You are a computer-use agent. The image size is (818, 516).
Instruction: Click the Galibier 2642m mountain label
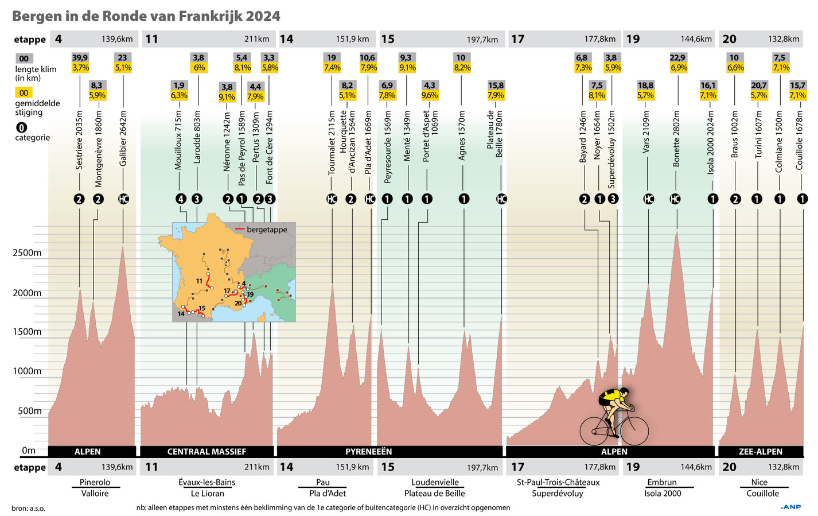click(123, 138)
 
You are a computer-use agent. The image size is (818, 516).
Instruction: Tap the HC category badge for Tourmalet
click(332, 199)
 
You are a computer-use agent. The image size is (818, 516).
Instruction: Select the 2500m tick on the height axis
click(27, 253)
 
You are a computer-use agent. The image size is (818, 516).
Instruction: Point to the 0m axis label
click(29, 451)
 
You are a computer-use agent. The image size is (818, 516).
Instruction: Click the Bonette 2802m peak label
click(676, 138)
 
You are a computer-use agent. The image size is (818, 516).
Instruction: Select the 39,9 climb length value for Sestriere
click(80, 57)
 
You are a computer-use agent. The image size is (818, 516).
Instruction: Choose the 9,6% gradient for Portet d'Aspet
click(430, 96)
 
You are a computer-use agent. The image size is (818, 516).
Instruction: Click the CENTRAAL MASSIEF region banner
click(207, 452)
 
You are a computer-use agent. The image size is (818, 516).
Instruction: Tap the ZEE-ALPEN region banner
click(761, 452)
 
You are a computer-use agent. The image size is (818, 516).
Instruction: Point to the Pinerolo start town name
click(95, 482)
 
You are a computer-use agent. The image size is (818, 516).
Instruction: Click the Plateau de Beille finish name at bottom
click(434, 494)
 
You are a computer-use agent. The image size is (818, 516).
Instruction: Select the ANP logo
click(791, 507)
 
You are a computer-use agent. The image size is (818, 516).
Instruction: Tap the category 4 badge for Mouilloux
click(181, 199)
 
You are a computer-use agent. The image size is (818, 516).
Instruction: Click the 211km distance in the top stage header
click(256, 40)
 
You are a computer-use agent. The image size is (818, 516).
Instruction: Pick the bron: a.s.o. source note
click(28, 508)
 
